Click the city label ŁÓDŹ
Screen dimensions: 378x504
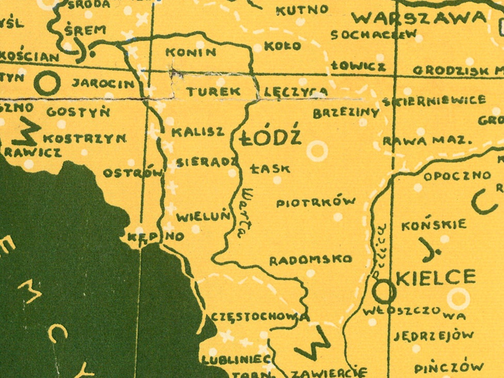click(x=271, y=138)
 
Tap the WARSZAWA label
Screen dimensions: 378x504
click(x=419, y=19)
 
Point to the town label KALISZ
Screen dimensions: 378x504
click(x=198, y=132)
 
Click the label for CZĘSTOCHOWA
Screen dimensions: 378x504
click(x=260, y=317)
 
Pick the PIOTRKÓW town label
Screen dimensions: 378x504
click(x=316, y=202)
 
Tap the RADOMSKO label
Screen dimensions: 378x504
click(x=310, y=259)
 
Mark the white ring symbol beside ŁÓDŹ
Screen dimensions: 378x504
click(x=317, y=151)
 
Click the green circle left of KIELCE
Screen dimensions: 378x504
click(x=384, y=292)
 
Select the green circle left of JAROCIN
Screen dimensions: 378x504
click(x=48, y=83)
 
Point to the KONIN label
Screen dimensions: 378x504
click(x=191, y=52)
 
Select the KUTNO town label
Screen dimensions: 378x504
click(x=302, y=10)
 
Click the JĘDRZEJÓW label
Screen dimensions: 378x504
click(x=433, y=336)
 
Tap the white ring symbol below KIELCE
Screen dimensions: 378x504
click(x=458, y=298)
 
